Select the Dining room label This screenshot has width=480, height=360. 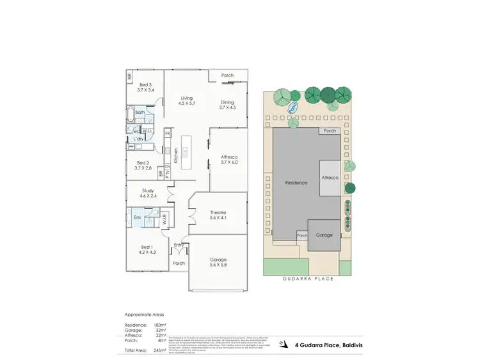[227, 105]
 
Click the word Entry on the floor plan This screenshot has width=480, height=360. [179, 245]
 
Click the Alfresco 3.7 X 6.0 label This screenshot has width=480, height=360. [228, 160]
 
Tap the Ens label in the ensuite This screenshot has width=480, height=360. [137, 217]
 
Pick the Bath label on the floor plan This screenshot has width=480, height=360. [140, 113]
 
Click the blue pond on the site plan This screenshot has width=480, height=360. [294, 108]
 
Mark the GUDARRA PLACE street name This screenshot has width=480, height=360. [308, 279]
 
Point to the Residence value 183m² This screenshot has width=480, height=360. [159, 325]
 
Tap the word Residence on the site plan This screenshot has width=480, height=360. [296, 183]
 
